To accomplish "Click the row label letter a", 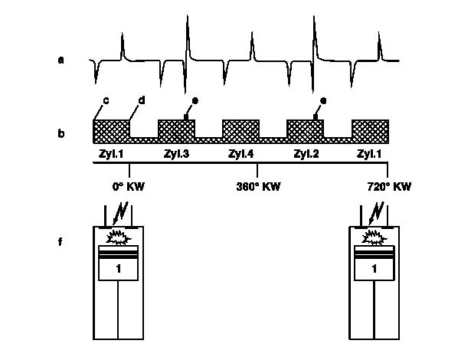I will click(61, 57).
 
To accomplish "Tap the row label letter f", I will click(61, 244).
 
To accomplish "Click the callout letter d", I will click(141, 100).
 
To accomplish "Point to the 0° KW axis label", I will click(126, 186).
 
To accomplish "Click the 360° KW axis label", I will click(255, 186).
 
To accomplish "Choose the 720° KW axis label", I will click(387, 186).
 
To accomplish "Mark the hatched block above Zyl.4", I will click(242, 129).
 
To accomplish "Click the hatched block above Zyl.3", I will click(177, 129).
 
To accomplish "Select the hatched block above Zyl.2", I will click(306, 129).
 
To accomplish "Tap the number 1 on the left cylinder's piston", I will click(119, 270).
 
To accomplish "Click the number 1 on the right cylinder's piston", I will click(375, 270).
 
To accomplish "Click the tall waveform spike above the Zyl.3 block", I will click(187, 31).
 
